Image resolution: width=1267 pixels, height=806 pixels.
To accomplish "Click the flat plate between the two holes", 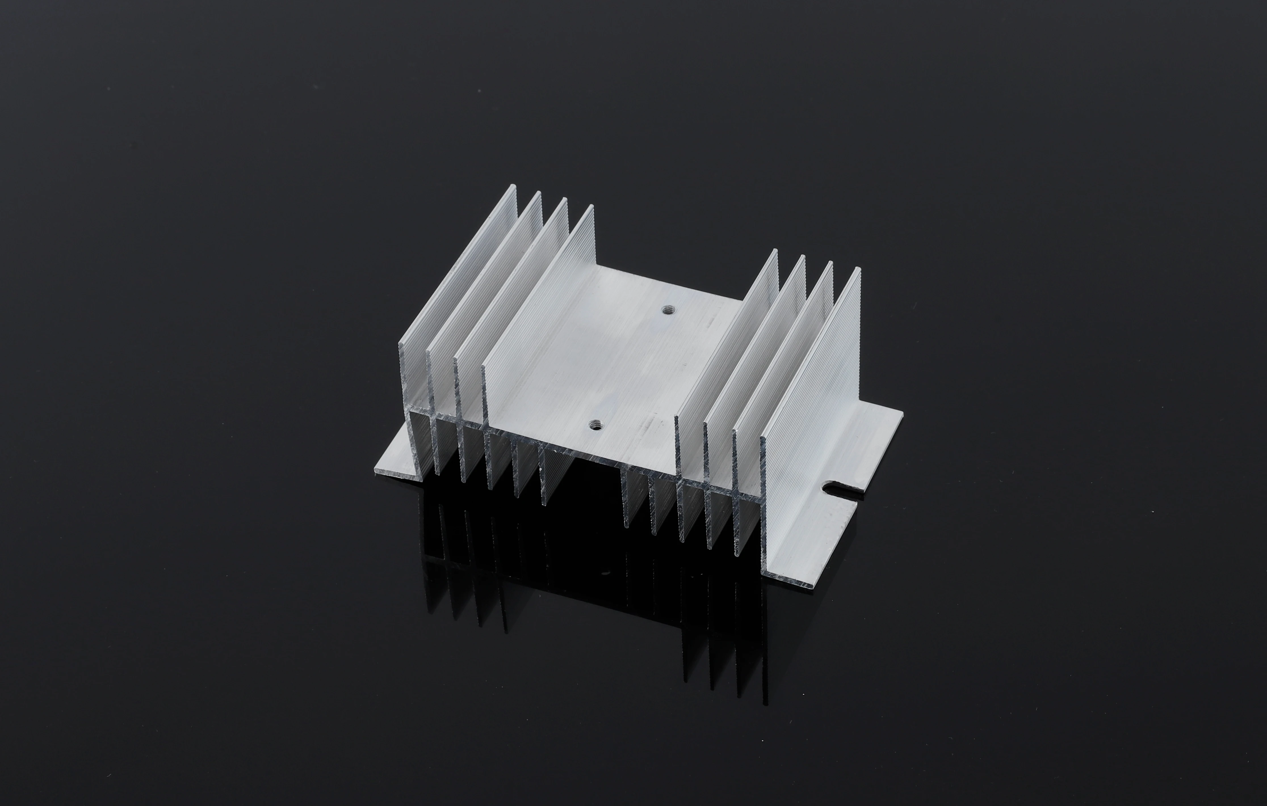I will (632, 368).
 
